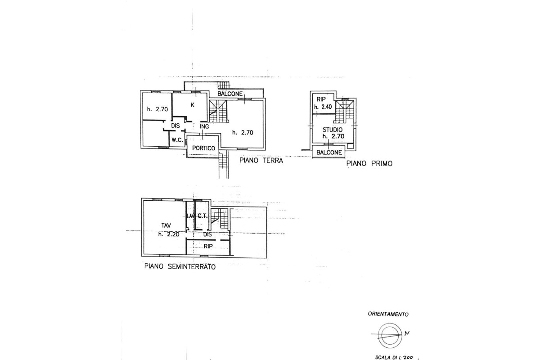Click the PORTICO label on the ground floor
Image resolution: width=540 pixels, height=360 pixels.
coord(203,148)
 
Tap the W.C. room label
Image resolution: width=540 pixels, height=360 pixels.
coord(177,140)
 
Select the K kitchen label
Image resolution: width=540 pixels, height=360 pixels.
coord(192,105)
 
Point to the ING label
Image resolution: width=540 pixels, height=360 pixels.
coord(204,126)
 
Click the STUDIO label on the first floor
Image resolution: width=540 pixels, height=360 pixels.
coord(332,130)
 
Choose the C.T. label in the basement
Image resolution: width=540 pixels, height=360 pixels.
coord(202,216)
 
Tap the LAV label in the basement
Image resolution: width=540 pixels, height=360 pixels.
coord(190,216)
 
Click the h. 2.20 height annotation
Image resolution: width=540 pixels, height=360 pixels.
coord(166,234)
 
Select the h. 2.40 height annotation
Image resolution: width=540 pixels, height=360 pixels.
coord(324,107)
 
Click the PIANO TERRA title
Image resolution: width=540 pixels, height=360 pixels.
coord(261,160)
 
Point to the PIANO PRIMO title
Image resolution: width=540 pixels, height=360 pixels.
coord(369,164)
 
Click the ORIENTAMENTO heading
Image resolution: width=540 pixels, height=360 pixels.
coord(388,314)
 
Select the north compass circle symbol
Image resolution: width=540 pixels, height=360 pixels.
coord(388,334)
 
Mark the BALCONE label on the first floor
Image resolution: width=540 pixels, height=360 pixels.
coord(330,153)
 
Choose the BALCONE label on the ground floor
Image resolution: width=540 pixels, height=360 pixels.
coord(230,94)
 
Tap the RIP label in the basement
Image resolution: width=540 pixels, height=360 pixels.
coord(207,247)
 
